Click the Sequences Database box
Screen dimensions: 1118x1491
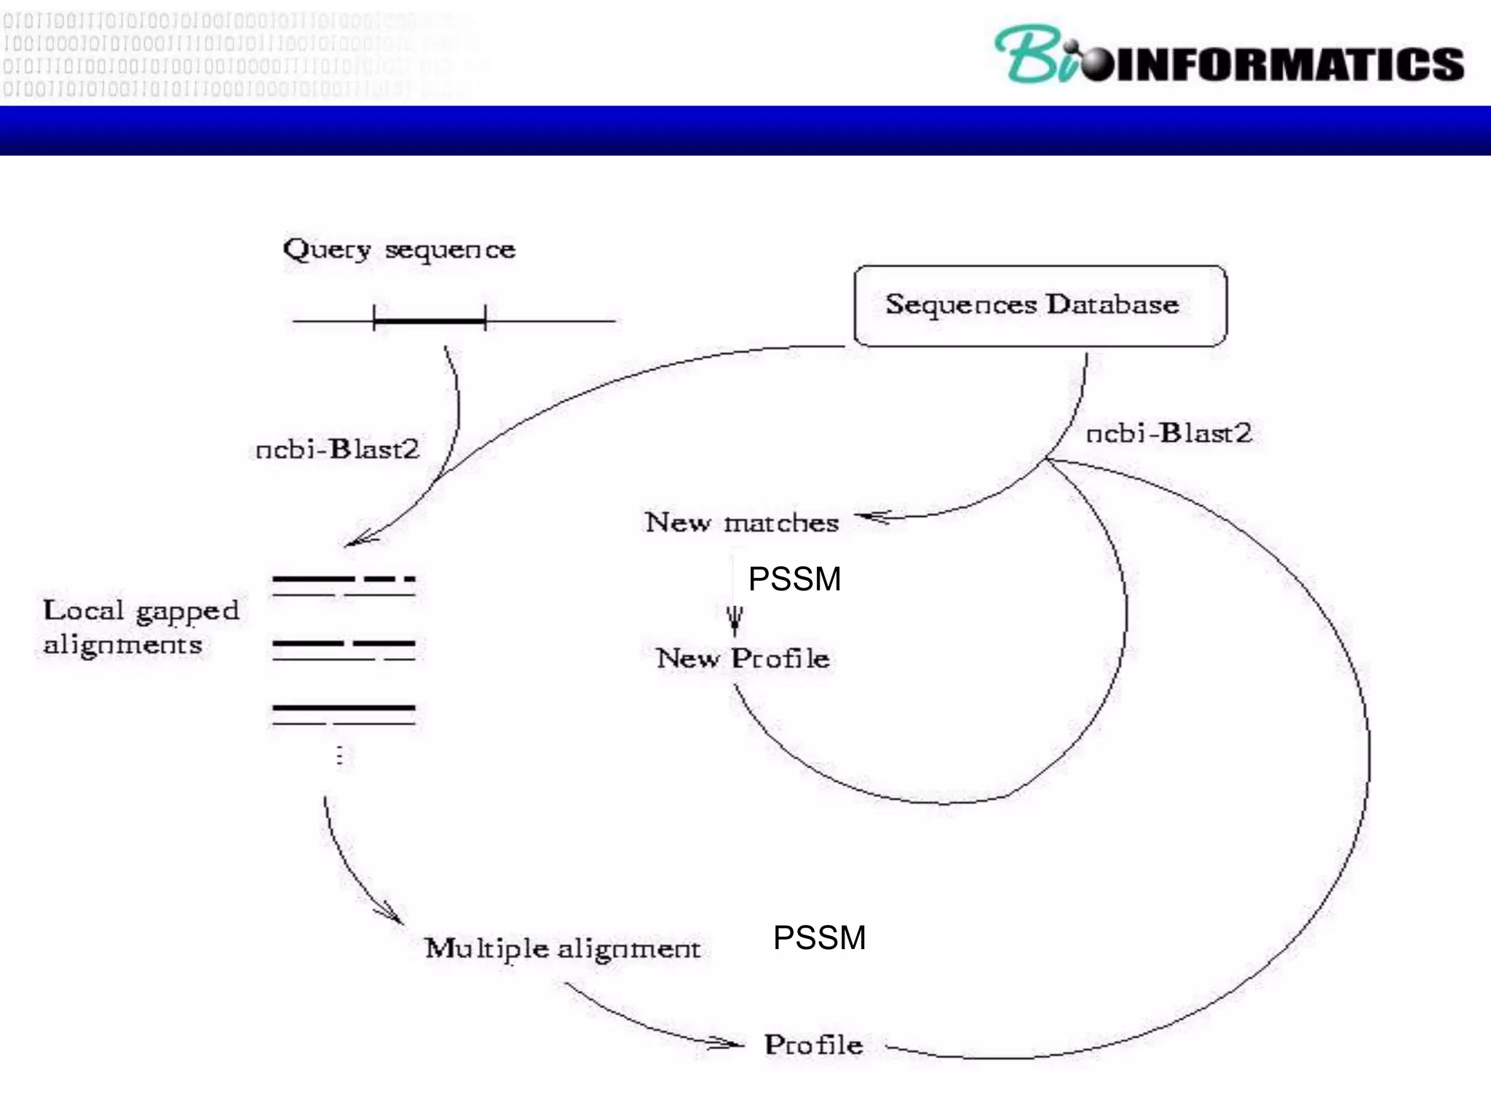[x=1040, y=306]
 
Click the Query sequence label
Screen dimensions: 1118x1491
[x=399, y=250]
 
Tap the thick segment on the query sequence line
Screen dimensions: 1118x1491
[x=430, y=320]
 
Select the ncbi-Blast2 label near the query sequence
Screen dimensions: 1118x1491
[x=338, y=449]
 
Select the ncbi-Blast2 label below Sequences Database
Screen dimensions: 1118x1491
[x=1168, y=433]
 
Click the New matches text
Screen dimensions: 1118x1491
[x=742, y=523]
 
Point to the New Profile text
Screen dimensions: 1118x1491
[x=743, y=658]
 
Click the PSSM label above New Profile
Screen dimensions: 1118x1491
[x=794, y=579]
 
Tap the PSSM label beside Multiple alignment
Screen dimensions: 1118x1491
[x=819, y=937]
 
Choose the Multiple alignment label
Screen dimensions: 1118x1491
[x=562, y=948]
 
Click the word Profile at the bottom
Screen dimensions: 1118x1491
[x=813, y=1045]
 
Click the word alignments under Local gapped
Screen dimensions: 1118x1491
[x=122, y=645]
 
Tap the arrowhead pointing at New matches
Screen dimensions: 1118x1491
[x=872, y=517]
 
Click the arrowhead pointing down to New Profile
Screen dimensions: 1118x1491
[x=735, y=620]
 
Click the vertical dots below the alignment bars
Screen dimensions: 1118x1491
[x=339, y=755]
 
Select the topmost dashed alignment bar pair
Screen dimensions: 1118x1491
[x=344, y=587]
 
